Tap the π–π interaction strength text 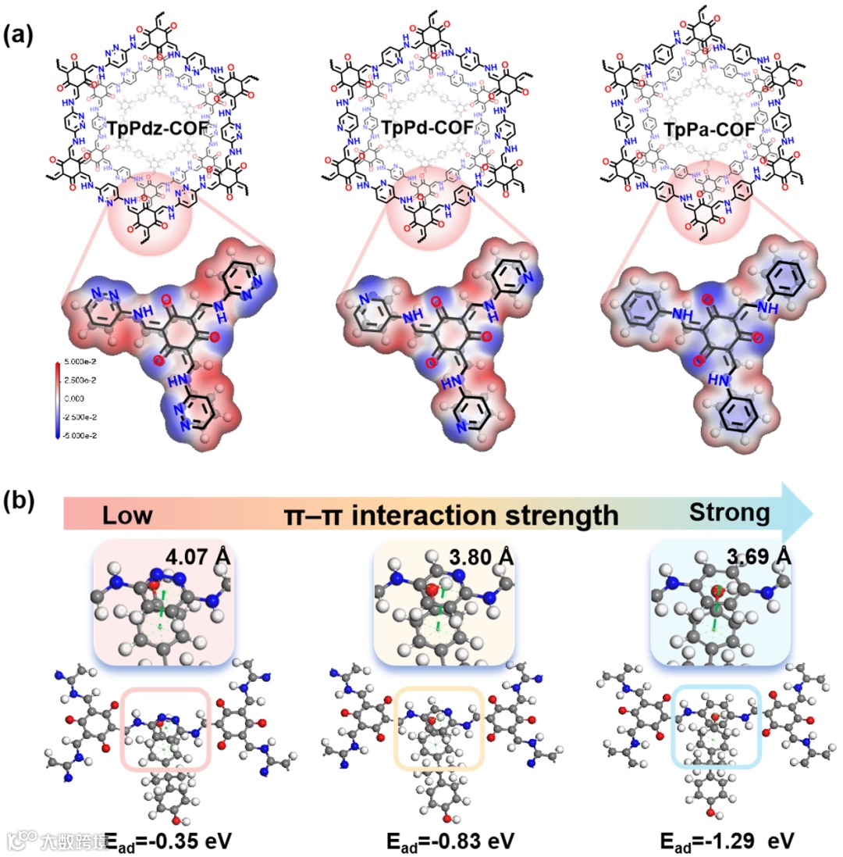point(452,516)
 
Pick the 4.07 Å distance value point(195,558)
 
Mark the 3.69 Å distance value point(758,558)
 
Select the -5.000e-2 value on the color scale point(83,435)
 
